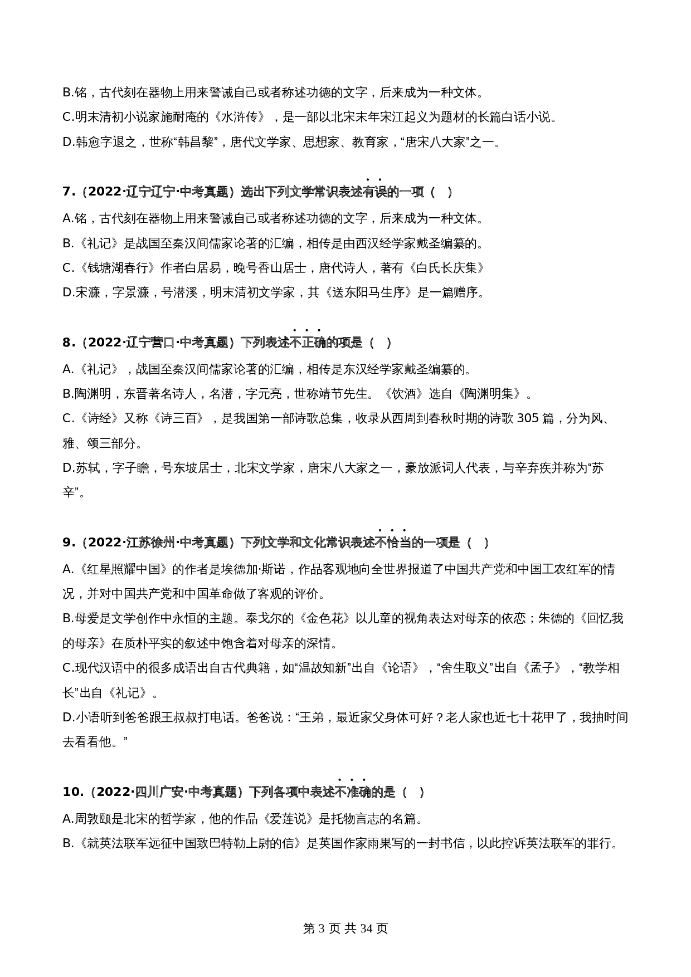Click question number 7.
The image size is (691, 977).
(68, 192)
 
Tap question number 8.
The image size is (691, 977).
(68, 343)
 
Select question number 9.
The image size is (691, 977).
(68, 543)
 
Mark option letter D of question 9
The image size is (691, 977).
(67, 717)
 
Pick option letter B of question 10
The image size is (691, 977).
(67, 843)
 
